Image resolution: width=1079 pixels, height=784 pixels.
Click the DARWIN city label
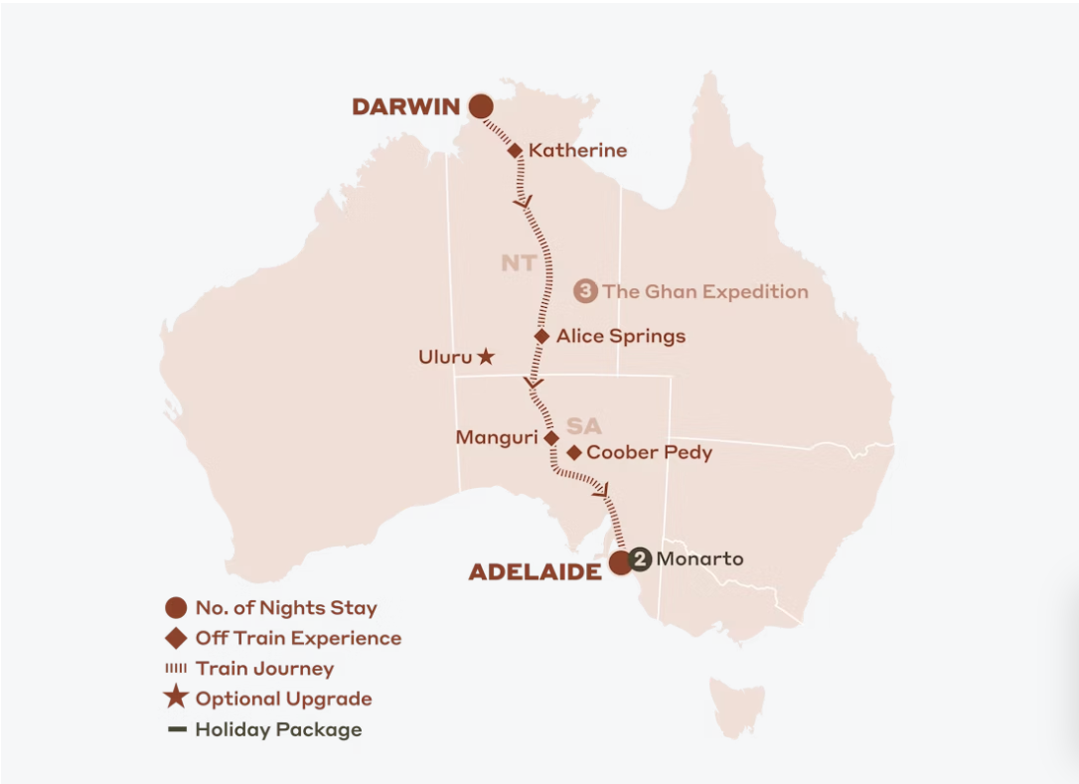405,107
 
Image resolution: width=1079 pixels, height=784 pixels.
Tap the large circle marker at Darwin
482,106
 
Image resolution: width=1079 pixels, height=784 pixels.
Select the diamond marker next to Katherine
515,151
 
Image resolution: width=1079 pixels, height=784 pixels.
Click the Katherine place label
577,151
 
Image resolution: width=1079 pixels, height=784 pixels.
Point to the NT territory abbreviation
518,263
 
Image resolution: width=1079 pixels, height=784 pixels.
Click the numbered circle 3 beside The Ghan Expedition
586,291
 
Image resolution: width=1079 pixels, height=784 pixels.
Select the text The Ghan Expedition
704,291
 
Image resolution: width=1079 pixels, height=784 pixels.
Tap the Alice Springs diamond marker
541,337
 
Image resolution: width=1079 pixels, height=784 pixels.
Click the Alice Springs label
620,337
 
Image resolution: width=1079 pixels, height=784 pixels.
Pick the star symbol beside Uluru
485,356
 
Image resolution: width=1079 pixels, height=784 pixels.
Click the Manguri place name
496,437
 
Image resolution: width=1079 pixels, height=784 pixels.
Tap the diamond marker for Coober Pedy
573,453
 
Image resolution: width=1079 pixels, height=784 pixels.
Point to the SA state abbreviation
584,425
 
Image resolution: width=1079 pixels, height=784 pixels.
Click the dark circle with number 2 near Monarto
641,559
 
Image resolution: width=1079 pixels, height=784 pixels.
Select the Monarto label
699,558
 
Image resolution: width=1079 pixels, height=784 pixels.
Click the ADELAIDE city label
535,571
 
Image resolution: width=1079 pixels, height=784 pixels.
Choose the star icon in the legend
177,698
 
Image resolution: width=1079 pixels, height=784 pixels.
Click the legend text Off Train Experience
298,638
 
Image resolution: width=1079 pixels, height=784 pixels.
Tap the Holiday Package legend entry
278,729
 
